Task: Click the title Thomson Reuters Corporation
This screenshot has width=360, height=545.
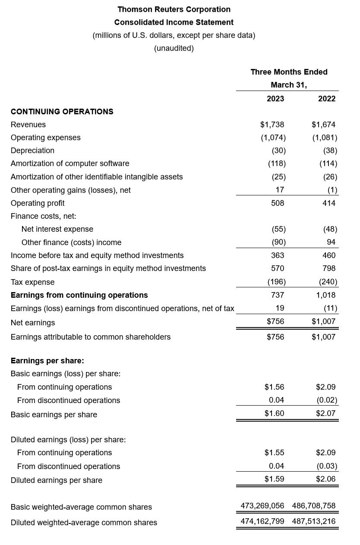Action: click(x=174, y=9)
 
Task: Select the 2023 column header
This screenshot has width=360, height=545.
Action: click(x=275, y=98)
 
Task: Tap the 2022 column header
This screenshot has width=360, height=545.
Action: click(x=327, y=98)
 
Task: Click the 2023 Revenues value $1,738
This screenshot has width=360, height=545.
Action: click(x=272, y=125)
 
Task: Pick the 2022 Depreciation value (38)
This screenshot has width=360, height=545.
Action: click(x=330, y=151)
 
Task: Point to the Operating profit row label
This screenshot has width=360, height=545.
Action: click(x=38, y=203)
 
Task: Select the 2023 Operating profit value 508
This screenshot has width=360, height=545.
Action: click(x=278, y=203)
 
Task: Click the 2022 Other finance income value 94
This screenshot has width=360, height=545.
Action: click(x=331, y=242)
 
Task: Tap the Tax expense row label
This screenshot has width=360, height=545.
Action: click(x=32, y=282)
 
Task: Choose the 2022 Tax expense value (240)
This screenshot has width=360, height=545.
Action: click(x=328, y=282)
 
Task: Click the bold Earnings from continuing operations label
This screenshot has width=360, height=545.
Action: click(x=79, y=295)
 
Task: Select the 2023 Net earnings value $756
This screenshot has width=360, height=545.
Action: click(x=275, y=321)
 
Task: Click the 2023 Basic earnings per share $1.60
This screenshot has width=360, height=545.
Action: click(x=275, y=413)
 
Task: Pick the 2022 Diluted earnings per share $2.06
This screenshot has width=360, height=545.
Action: click(x=326, y=479)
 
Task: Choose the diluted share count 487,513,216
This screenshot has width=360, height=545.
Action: click(x=314, y=521)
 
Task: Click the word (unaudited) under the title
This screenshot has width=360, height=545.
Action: click(x=174, y=48)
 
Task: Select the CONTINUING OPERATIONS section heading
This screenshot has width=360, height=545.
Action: click(x=62, y=111)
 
